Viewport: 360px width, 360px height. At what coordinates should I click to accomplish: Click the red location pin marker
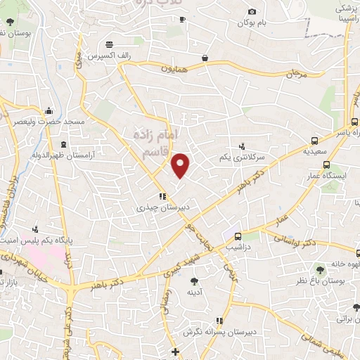(x=181, y=165)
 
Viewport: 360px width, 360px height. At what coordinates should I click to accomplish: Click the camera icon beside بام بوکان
(x=252, y=11)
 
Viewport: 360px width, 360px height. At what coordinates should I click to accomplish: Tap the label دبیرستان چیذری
(x=160, y=208)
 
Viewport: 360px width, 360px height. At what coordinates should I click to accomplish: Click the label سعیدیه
(x=314, y=150)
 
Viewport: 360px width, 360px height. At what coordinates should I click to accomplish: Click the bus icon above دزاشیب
(x=238, y=236)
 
